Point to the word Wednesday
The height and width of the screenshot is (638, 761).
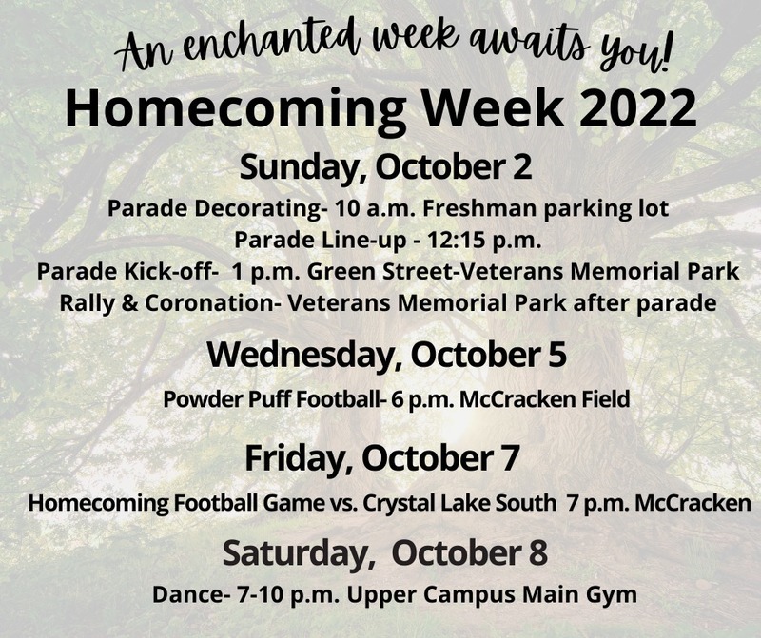coord(301,356)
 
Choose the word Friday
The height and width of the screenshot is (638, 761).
coord(297,458)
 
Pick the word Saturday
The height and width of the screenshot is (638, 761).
coord(294,553)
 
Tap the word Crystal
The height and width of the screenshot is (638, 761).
coord(399,503)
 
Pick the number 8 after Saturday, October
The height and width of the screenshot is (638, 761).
coord(538,553)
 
